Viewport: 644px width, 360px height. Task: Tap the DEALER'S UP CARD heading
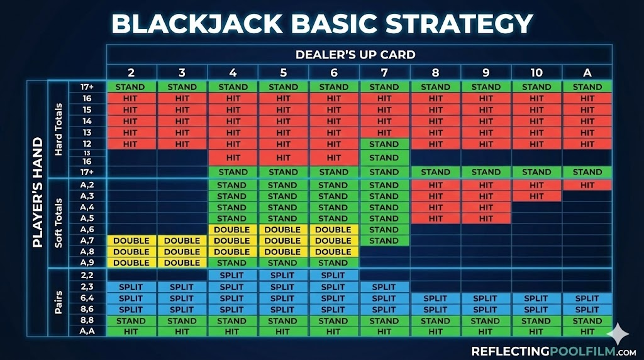coord(355,55)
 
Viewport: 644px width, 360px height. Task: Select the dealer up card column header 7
coord(384,73)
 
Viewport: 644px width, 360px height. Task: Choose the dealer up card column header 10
coord(536,73)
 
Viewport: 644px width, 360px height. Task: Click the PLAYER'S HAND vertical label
coord(38,193)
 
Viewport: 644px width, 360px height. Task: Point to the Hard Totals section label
coord(58,130)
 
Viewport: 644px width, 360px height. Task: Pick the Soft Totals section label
coord(58,223)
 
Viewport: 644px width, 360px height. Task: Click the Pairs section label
coord(58,303)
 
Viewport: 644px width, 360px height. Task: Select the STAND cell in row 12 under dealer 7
coord(384,144)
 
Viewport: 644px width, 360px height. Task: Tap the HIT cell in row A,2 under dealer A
coord(587,185)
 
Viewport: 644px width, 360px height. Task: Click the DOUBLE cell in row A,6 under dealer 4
coord(232,230)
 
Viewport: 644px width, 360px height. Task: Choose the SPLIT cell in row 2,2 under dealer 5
coord(282,275)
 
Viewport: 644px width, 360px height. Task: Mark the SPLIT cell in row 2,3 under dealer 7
coord(384,287)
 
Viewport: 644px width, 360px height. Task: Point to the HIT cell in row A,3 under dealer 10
coord(536,196)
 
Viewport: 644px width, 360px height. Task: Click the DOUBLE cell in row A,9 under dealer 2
coord(131,263)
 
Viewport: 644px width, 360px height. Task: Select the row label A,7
coord(87,240)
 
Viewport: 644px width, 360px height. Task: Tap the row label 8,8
coord(87,320)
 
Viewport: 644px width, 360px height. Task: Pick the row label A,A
coord(87,331)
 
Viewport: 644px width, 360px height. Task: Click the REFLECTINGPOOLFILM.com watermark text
coord(553,351)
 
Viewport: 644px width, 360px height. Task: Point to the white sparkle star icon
coord(618,334)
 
